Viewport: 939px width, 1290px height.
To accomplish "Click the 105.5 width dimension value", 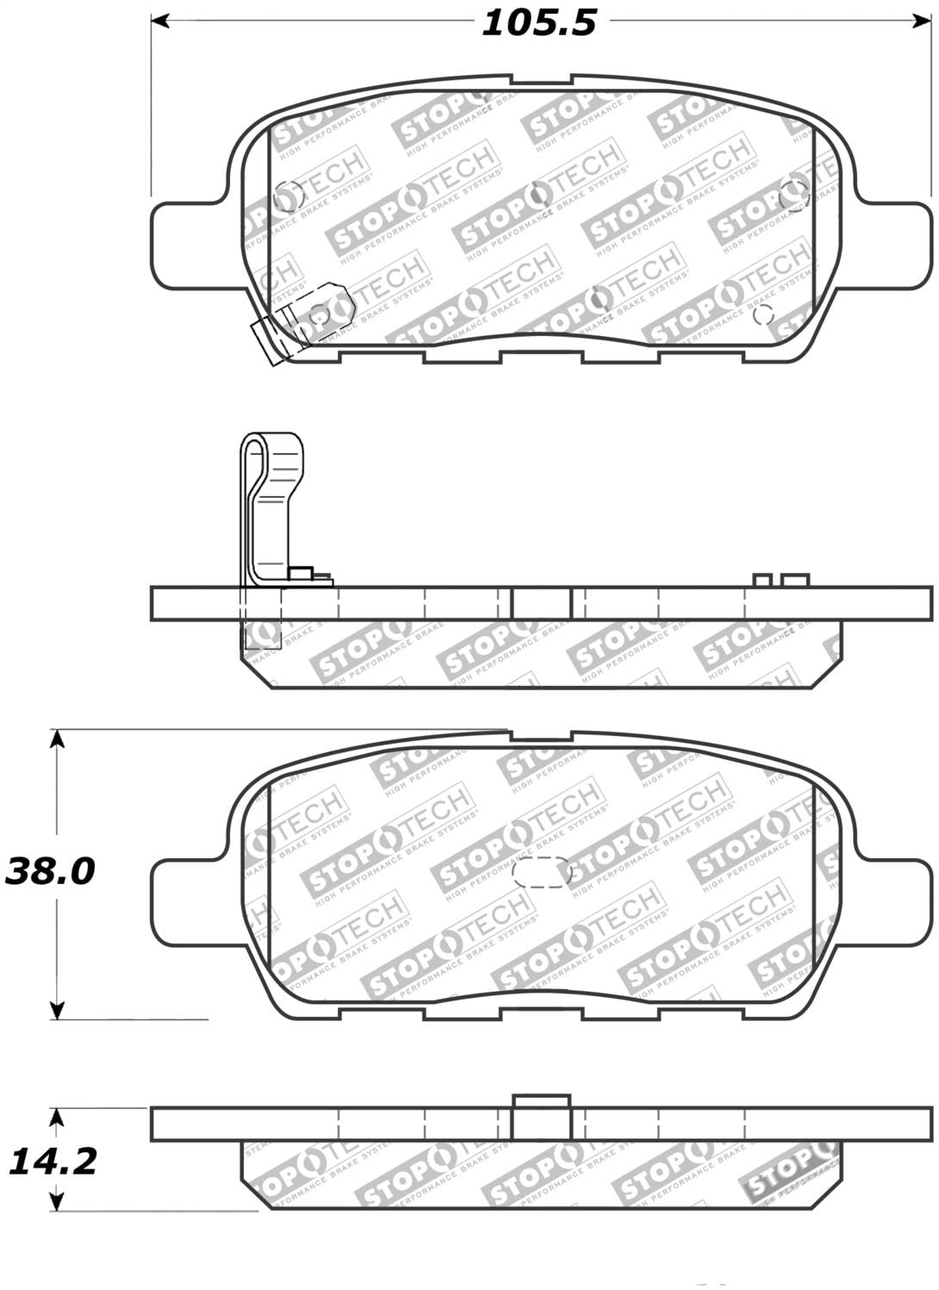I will pos(538,23).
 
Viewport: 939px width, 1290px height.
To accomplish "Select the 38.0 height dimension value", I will pos(49,871).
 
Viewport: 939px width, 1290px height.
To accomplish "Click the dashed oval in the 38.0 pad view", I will pos(541,873).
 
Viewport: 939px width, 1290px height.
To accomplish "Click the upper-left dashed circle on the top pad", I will pos(288,197).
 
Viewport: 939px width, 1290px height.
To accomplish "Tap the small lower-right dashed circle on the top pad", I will pos(762,315).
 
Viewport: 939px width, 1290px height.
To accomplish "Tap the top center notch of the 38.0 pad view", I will pos(541,737).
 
